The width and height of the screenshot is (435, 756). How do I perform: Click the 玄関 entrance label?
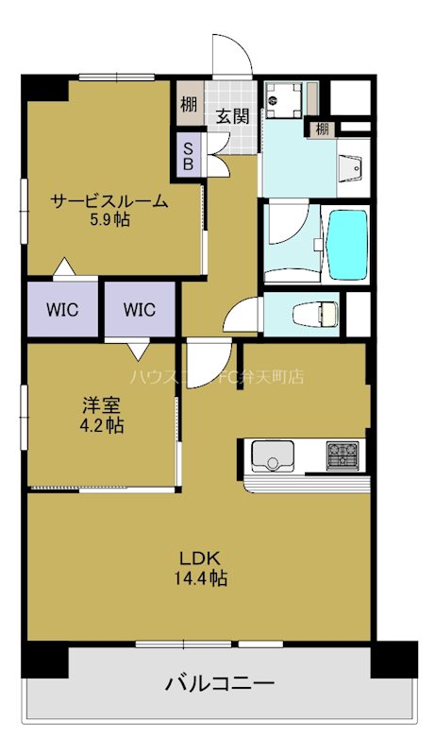point(232,116)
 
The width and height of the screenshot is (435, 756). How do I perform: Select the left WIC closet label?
point(61,308)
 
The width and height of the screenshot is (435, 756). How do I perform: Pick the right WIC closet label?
point(139,308)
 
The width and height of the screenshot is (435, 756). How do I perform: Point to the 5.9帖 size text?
point(109,220)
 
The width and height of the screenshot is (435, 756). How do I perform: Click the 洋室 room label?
point(101,405)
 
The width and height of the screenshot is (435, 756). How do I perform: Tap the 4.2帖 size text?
point(101,425)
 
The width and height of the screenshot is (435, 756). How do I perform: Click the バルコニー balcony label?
point(220,682)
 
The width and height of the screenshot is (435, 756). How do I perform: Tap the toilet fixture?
point(308,314)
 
